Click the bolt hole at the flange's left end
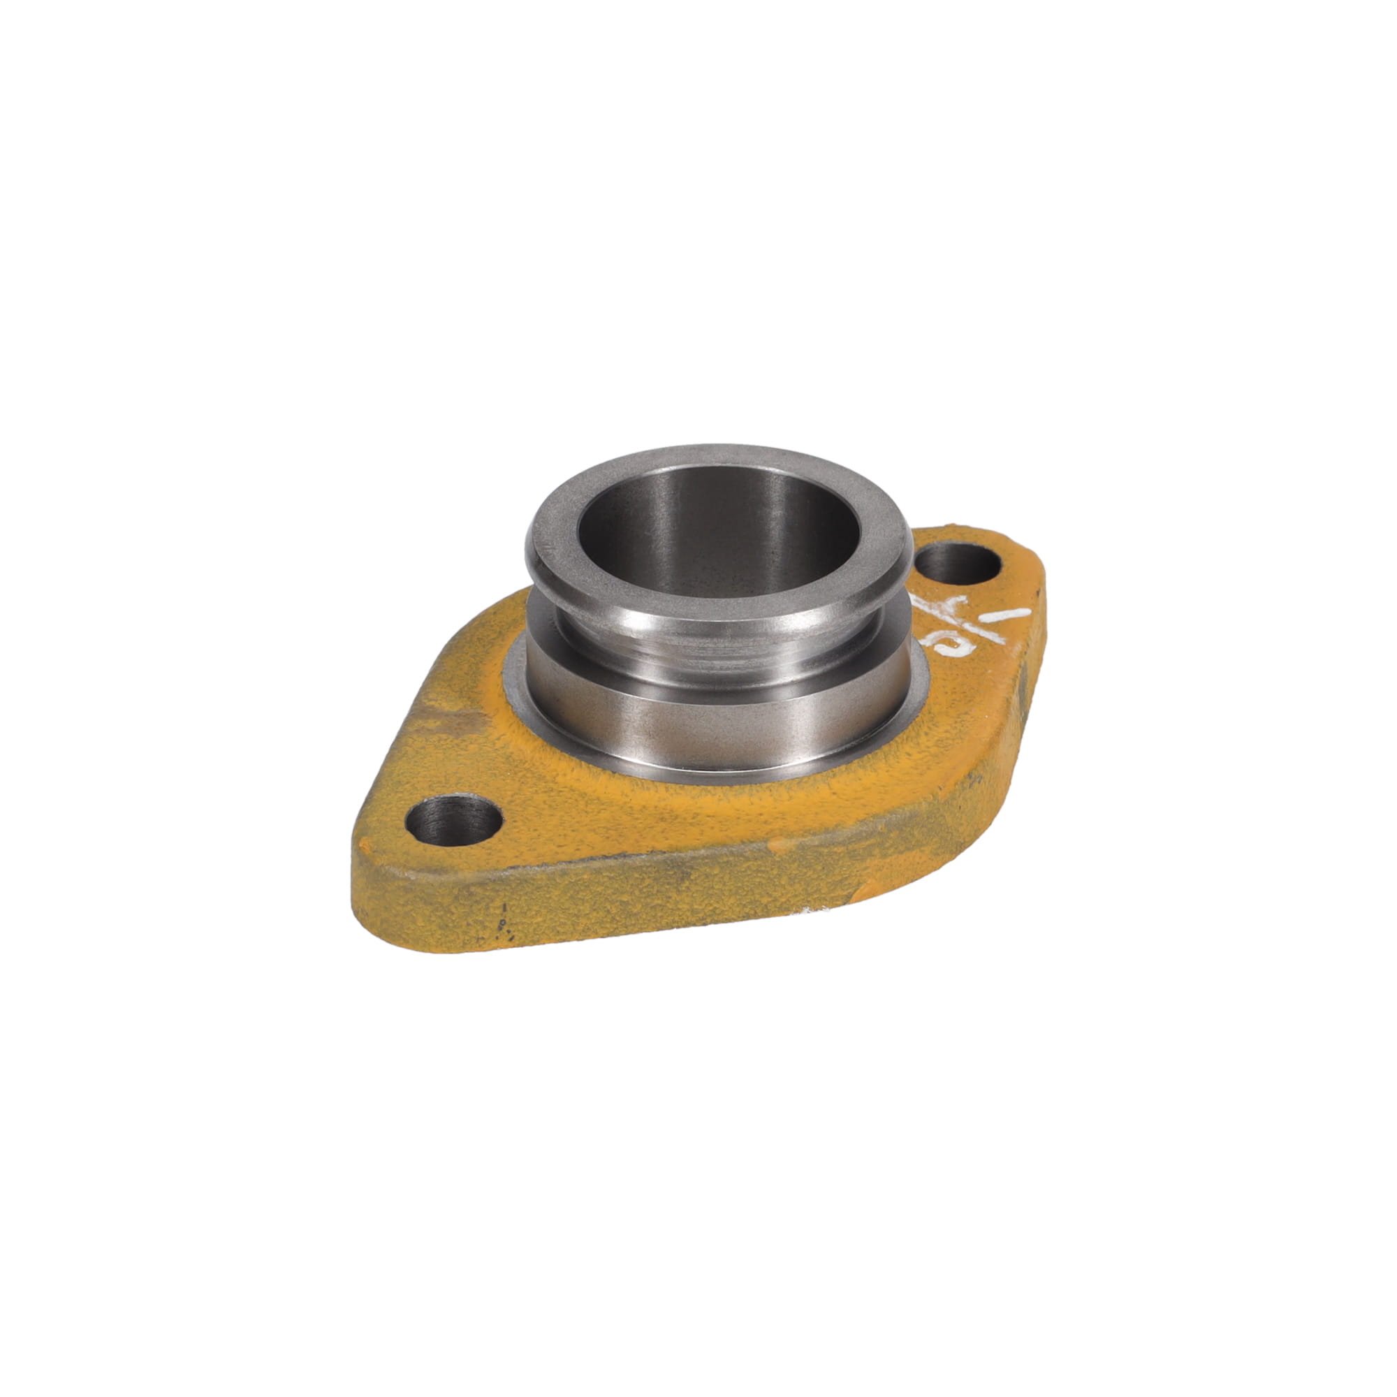click(x=453, y=820)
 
